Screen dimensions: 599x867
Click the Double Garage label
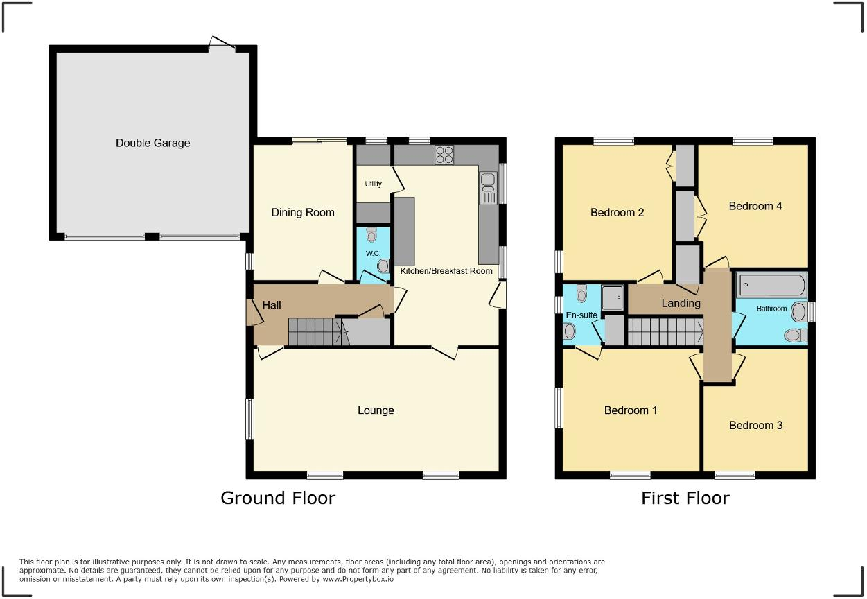[x=152, y=144]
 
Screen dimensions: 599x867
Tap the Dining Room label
[x=302, y=213]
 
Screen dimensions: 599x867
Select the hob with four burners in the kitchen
[x=444, y=155]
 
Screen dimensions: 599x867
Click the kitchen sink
[x=487, y=188]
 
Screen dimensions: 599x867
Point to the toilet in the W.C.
[x=371, y=234]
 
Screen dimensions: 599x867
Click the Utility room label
[x=373, y=184]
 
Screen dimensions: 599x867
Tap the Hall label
[x=272, y=305]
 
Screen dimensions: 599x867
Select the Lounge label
[x=376, y=410]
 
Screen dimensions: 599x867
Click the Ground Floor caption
[x=278, y=498]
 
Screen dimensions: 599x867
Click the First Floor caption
[x=685, y=498]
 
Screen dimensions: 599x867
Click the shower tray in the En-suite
[x=613, y=297]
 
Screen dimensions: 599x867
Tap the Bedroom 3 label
[x=755, y=425]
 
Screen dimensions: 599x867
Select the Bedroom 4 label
[x=755, y=206]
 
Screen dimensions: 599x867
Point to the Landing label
[x=681, y=303]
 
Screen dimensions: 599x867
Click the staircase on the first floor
[x=664, y=331]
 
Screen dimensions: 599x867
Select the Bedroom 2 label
[x=617, y=213]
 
